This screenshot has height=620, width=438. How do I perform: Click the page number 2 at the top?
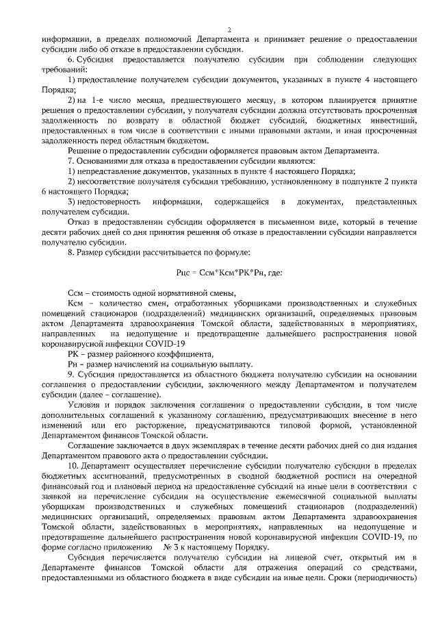pos(229,29)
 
